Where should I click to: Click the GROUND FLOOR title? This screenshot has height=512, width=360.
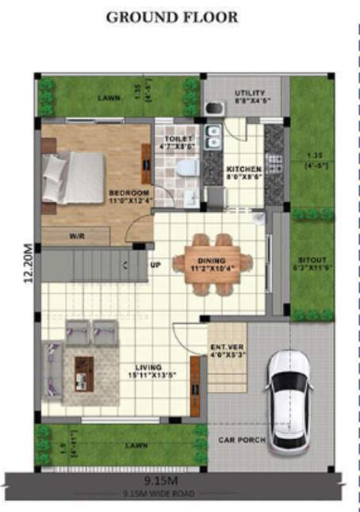(x=171, y=17)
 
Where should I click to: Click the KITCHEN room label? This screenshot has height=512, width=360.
(x=241, y=173)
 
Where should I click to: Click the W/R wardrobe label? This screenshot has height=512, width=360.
(x=77, y=235)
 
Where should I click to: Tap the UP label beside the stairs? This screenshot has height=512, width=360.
(x=155, y=264)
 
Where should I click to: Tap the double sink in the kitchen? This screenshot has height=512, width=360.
(x=213, y=139)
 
